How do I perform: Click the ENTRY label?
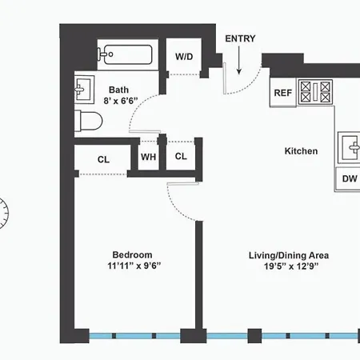(240, 38)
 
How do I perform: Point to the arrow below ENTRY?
(239, 60)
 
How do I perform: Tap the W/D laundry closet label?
(184, 57)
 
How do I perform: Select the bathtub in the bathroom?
(125, 54)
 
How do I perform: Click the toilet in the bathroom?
(88, 121)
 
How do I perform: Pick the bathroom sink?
(84, 90)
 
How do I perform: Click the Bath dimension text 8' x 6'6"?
(121, 101)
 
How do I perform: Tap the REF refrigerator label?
(283, 93)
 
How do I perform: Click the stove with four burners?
(315, 91)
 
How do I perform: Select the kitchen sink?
(349, 147)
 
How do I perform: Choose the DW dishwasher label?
(350, 178)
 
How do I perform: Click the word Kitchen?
(301, 151)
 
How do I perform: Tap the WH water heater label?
(148, 157)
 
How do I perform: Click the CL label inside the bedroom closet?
(103, 159)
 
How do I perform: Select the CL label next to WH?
(181, 156)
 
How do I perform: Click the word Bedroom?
(132, 254)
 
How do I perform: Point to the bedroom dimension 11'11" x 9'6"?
(134, 266)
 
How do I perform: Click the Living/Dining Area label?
(289, 255)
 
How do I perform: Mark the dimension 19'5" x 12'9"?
(291, 266)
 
